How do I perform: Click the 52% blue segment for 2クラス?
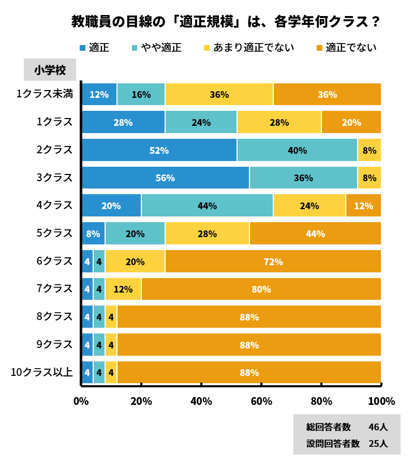159,150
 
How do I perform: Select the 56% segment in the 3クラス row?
165,178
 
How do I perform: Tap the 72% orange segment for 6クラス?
273,261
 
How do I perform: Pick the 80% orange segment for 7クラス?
261,289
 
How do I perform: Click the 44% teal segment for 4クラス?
207,206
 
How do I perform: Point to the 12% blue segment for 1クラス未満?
99,94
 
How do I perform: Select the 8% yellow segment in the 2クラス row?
369,150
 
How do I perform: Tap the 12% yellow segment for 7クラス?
123,289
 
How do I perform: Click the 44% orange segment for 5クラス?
315,234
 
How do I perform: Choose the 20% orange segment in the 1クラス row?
351,122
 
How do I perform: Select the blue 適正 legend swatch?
82,48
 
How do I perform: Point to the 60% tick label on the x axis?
261,401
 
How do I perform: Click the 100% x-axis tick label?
381,401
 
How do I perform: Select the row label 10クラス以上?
42,372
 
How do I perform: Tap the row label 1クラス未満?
45,94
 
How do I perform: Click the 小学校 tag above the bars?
50,70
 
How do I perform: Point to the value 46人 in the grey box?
378,427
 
